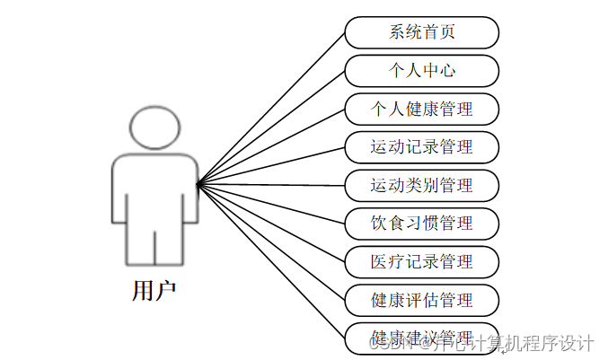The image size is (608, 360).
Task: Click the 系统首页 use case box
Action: click(x=421, y=32)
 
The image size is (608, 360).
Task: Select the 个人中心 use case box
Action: click(x=421, y=70)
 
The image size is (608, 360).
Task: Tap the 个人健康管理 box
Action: click(x=421, y=109)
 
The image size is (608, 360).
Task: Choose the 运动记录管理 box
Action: click(x=421, y=146)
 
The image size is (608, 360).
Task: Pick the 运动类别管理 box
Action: click(x=421, y=185)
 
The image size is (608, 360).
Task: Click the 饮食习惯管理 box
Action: click(x=421, y=223)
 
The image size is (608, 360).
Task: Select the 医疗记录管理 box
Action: click(x=421, y=261)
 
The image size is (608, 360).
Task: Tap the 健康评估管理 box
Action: click(x=421, y=299)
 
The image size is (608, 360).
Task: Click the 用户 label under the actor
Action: click(x=154, y=290)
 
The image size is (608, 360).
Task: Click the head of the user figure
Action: click(x=154, y=128)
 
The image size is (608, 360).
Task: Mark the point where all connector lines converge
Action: click(x=198, y=184)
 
